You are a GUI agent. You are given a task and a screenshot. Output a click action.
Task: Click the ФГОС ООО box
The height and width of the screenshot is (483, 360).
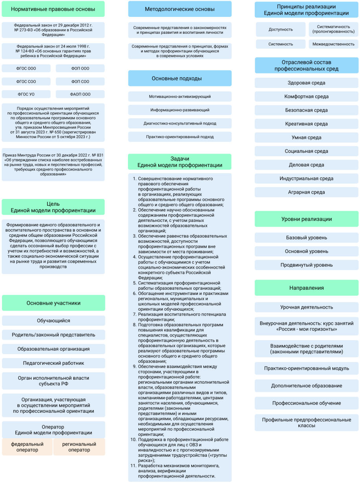tap(26, 68)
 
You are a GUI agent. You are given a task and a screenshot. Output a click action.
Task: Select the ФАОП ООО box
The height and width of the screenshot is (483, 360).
tap(80, 94)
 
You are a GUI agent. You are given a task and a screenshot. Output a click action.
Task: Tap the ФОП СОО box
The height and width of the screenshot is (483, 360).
tap(80, 82)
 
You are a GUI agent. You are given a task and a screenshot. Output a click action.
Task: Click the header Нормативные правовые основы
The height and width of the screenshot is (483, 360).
tap(53, 9)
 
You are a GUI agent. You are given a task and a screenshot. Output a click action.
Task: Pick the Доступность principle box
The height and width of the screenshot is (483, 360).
tap(281, 29)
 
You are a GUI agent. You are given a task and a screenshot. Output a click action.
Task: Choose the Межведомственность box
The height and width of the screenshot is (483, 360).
tap(333, 44)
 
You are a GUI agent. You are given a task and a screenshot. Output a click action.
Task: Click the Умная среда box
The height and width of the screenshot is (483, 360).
tap(307, 137)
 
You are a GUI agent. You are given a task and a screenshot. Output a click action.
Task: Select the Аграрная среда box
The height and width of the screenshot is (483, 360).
tap(307, 192)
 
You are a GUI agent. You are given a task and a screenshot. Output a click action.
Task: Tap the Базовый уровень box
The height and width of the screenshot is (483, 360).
tap(307, 238)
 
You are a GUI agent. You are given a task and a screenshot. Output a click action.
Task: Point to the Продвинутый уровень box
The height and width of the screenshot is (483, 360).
tap(307, 265)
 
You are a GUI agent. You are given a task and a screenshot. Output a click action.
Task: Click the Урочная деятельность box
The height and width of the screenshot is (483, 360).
tap(307, 307)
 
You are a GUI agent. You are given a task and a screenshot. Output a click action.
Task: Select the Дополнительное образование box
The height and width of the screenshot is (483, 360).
tap(307, 386)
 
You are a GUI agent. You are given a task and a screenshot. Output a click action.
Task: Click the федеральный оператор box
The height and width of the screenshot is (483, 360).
tap(27, 447)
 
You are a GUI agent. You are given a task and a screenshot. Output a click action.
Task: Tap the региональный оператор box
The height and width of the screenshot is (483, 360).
tap(79, 447)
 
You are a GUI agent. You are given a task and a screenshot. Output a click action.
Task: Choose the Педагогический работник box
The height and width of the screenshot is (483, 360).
tap(53, 363)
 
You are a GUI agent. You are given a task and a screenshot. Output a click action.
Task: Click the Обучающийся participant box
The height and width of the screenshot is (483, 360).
tap(53, 321)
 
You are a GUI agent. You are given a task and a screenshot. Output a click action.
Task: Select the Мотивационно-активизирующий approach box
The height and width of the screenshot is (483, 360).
tap(180, 96)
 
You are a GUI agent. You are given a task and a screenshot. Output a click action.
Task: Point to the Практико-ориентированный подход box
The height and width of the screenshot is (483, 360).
tap(180, 137)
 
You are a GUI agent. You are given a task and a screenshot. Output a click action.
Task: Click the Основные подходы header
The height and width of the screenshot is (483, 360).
tap(180, 79)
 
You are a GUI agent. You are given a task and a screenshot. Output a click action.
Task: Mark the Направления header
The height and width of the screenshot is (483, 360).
tap(307, 288)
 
